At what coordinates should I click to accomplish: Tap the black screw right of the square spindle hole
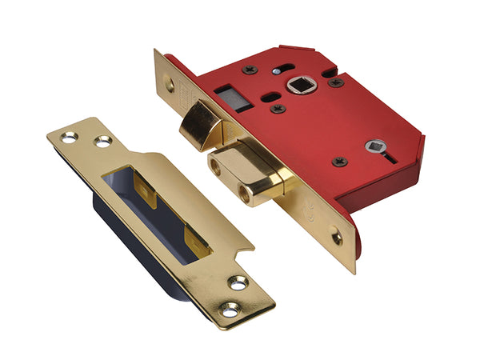click(x=336, y=82)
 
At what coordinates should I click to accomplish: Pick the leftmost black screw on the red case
click(x=250, y=70)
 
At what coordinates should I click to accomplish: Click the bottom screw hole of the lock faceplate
click(x=336, y=238)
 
